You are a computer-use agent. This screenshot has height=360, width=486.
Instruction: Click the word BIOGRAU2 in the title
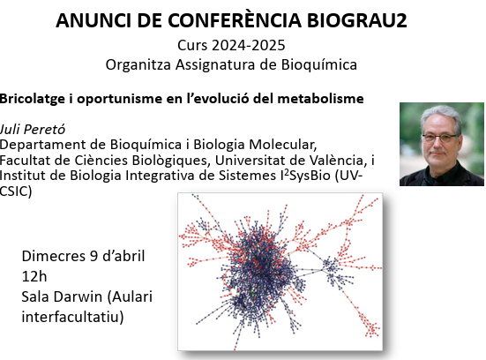[356, 20]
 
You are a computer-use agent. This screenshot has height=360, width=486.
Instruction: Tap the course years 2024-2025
[248, 45]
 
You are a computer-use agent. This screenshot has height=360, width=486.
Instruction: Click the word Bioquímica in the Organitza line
[319, 64]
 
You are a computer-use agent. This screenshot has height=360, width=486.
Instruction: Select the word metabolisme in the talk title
[320, 99]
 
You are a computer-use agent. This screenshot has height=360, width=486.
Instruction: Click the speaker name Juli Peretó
[33, 130]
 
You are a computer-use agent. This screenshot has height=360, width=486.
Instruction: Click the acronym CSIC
[16, 191]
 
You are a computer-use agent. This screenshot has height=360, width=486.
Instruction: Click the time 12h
[34, 276]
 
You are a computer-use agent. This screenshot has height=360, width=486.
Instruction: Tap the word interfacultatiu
[72, 317]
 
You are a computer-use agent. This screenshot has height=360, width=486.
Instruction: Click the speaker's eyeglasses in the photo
[439, 138]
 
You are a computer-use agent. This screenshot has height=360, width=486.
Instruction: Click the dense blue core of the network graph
[258, 266]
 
